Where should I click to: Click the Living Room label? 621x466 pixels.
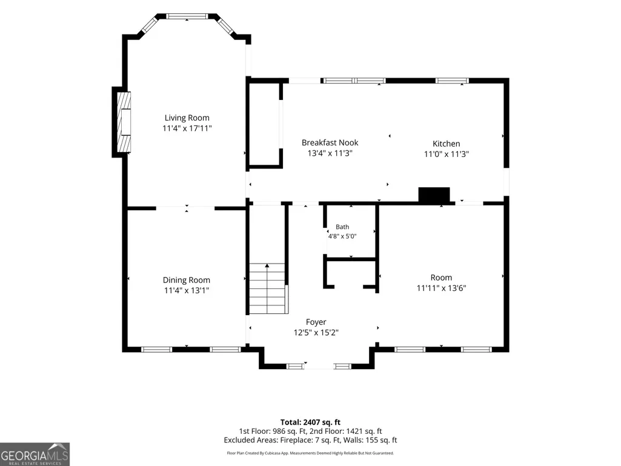(187, 118)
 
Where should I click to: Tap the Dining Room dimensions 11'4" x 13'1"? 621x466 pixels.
(187, 290)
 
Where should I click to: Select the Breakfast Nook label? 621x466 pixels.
(330, 142)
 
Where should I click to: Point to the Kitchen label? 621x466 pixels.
(447, 144)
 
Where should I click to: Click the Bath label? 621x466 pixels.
(342, 227)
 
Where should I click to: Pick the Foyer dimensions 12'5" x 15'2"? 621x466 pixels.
(316, 333)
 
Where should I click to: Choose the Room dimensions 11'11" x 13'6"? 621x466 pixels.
(441, 288)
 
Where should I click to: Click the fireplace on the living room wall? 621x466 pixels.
(122, 122)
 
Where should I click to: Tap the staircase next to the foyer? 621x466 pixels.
(267, 288)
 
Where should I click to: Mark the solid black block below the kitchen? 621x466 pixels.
(434, 195)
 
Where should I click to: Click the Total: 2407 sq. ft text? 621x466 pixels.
(310, 422)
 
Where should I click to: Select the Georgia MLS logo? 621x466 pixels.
(35, 454)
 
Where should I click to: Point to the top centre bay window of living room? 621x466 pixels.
(187, 16)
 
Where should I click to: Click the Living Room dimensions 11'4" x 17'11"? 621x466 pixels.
(187, 128)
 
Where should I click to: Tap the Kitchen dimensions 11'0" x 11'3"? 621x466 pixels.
(447, 154)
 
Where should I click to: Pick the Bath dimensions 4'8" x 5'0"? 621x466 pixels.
(342, 236)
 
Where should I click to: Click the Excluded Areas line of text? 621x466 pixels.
(310, 440)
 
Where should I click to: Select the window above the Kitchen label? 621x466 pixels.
(452, 81)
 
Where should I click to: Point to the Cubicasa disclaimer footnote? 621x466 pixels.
(310, 453)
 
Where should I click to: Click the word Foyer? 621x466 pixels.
(316, 322)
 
